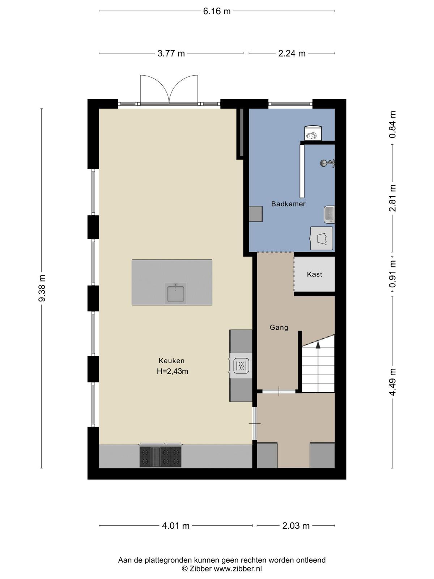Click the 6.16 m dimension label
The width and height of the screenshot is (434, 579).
(x=217, y=11)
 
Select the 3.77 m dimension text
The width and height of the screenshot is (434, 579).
(x=171, y=54)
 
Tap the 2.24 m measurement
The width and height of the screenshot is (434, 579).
(x=292, y=54)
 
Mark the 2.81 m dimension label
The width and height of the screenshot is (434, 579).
(x=393, y=198)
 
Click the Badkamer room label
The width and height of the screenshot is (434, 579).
(x=288, y=204)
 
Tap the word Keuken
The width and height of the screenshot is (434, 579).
(x=171, y=360)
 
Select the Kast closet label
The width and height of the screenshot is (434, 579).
(x=314, y=274)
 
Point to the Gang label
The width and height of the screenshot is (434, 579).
(x=279, y=327)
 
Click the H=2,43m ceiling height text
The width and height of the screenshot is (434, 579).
(x=173, y=371)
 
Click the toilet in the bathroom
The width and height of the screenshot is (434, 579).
(x=313, y=133)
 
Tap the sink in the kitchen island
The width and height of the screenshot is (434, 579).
(x=175, y=293)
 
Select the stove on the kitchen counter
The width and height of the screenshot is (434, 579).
(x=161, y=457)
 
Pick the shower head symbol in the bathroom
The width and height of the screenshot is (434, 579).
(x=327, y=163)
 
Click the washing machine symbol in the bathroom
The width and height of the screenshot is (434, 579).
(x=322, y=238)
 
